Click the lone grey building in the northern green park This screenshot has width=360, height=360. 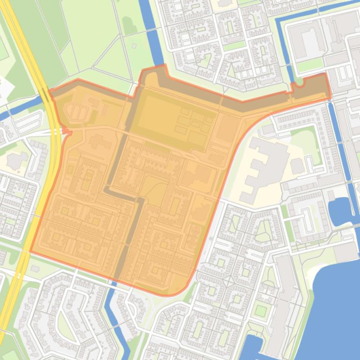coord(134,46)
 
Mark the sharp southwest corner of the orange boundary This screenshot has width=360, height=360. coord(31,251)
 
